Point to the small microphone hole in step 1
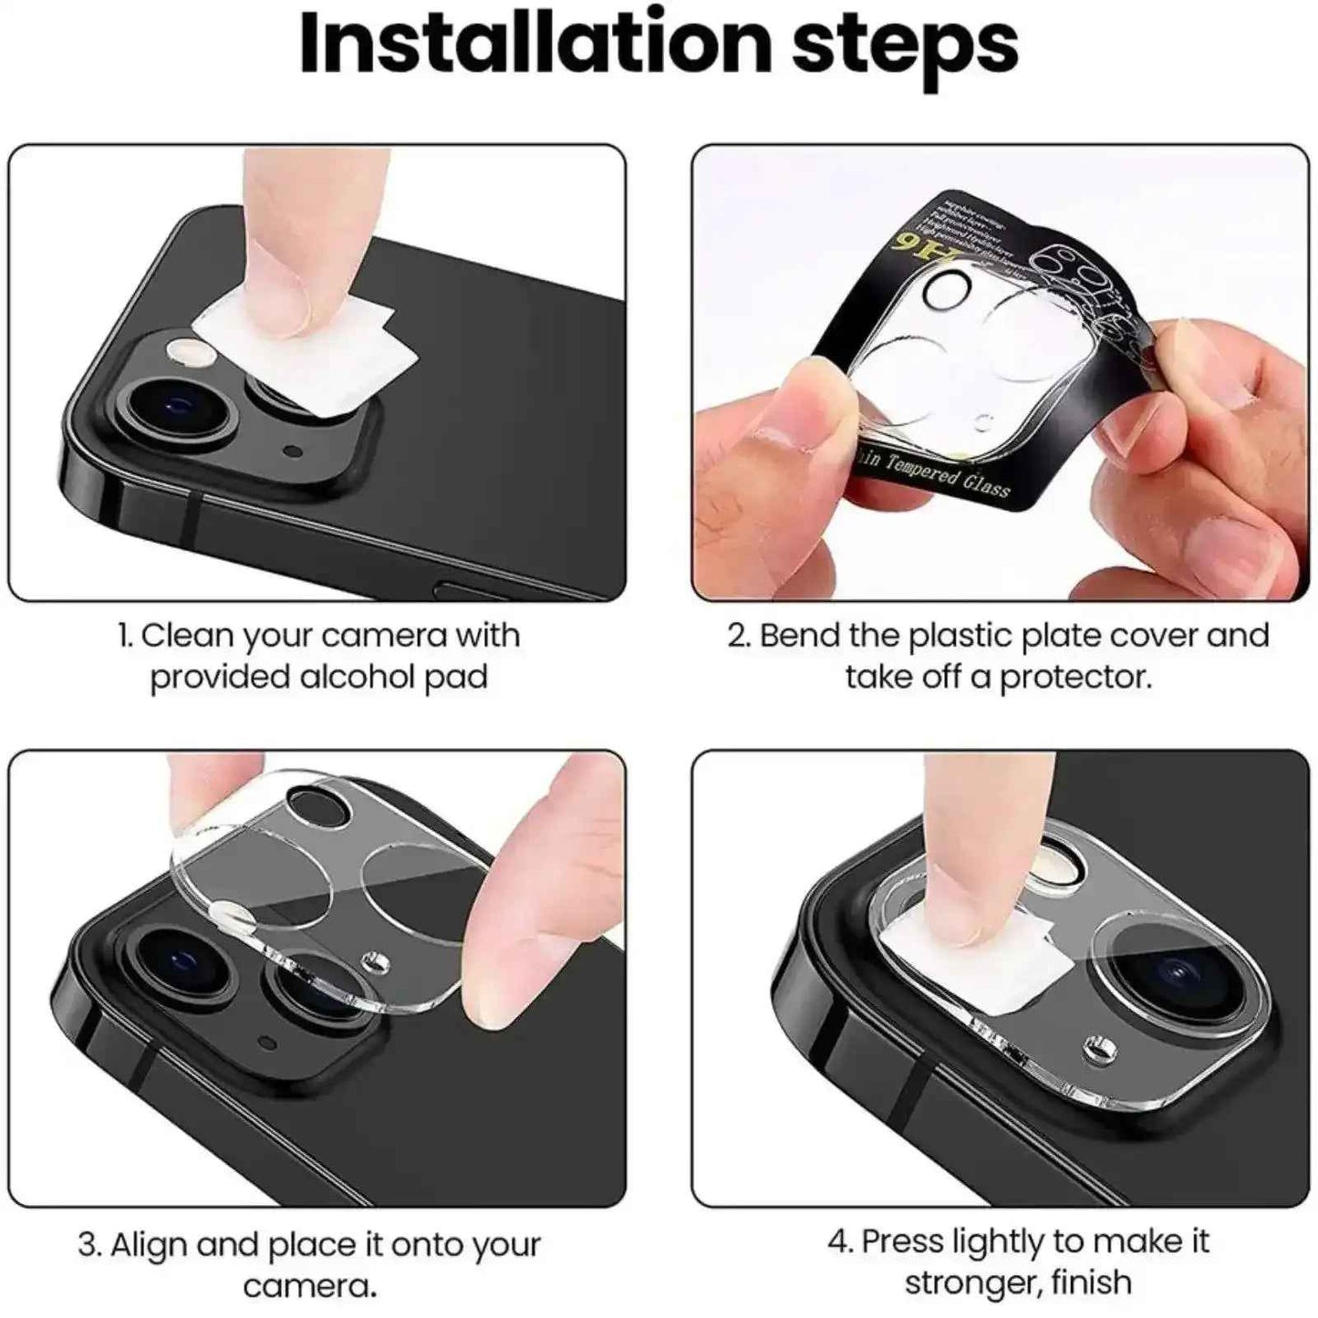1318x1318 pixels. pos(293,451)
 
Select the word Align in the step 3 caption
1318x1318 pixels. pos(148,1245)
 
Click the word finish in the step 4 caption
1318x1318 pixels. pos(1091,1282)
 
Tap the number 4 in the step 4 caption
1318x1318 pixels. pos(837,1242)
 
